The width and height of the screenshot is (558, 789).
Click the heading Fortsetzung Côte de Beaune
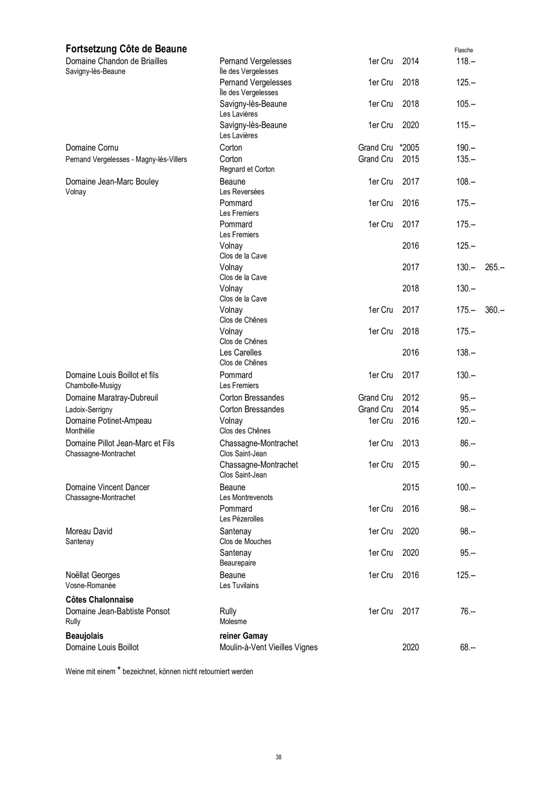coord(126,49)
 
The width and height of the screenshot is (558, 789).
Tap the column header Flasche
coord(463,50)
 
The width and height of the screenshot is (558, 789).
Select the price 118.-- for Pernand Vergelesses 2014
coord(465,61)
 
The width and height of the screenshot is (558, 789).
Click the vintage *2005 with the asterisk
coord(409,147)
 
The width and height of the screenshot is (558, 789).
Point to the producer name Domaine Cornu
coord(92,147)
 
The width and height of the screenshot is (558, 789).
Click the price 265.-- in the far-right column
coord(495,267)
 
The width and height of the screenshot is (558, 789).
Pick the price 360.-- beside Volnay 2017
coord(495,310)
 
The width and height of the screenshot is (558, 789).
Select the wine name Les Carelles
coord(240,352)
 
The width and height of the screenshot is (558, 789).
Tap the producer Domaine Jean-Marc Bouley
coord(112,182)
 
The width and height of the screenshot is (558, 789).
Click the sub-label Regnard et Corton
coord(247,169)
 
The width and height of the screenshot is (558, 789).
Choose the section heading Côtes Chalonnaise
coord(100,600)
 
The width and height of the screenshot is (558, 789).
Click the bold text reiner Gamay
coord(243,636)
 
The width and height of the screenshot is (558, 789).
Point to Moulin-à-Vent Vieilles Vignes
coord(268,647)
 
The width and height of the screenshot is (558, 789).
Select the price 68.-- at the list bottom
coord(468,647)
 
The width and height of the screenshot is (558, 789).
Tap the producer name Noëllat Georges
coord(92,575)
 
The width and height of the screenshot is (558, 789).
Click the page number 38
coord(279,757)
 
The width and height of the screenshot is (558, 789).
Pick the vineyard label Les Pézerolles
coord(241,519)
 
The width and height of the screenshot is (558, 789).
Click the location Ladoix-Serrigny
coord(89,410)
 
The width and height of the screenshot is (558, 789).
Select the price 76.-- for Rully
coord(468,611)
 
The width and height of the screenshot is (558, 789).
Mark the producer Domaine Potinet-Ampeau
coord(108,421)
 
